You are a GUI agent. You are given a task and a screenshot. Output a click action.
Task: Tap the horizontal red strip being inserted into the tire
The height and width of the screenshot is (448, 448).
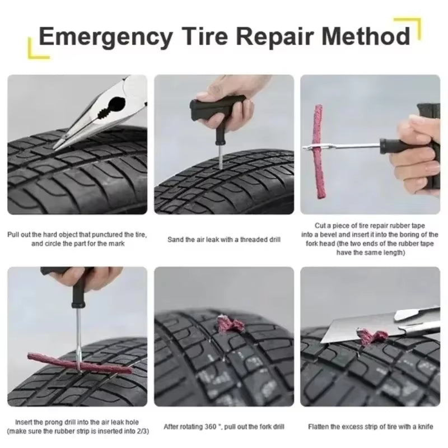point(78,367)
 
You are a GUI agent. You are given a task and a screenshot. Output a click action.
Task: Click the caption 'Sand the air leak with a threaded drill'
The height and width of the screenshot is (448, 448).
point(224,240)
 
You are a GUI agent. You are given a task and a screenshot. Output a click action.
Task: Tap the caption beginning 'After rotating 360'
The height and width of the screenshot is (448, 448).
point(224,427)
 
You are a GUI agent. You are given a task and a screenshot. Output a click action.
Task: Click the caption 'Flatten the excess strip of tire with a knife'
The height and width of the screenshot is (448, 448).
point(370,427)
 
